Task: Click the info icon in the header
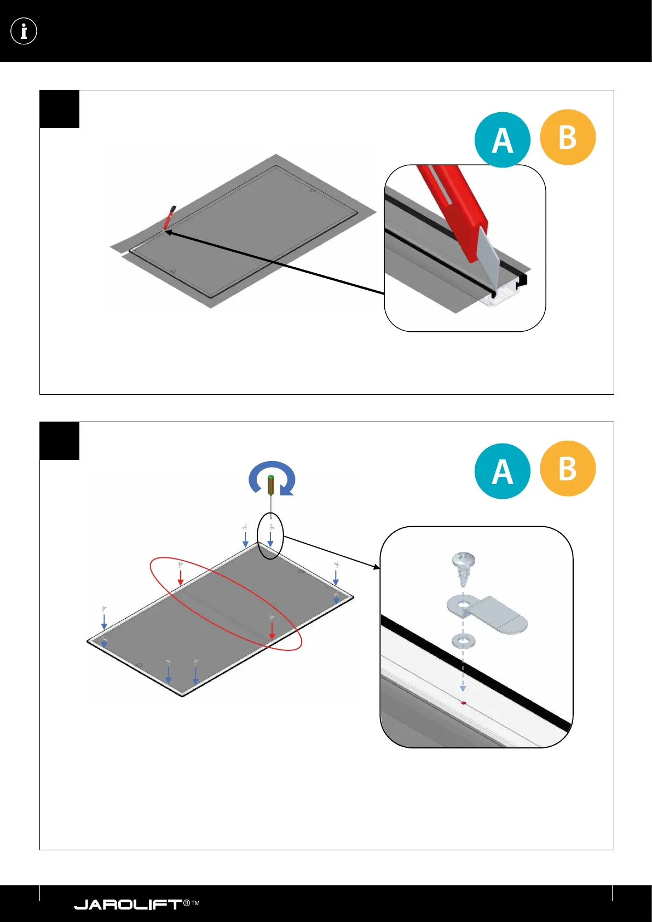[24, 31]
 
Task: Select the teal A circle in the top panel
[502, 140]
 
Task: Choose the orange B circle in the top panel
[568, 137]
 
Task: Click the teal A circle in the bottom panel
[502, 471]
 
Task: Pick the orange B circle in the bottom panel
[568, 469]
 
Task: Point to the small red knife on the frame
[169, 217]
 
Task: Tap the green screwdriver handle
[270, 485]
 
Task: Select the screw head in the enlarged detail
[463, 561]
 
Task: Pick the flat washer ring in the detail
[463, 640]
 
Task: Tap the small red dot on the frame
[464, 703]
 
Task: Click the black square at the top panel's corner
[60, 109]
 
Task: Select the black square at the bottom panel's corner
[60, 441]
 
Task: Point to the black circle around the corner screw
[272, 535]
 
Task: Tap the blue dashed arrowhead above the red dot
[463, 688]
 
